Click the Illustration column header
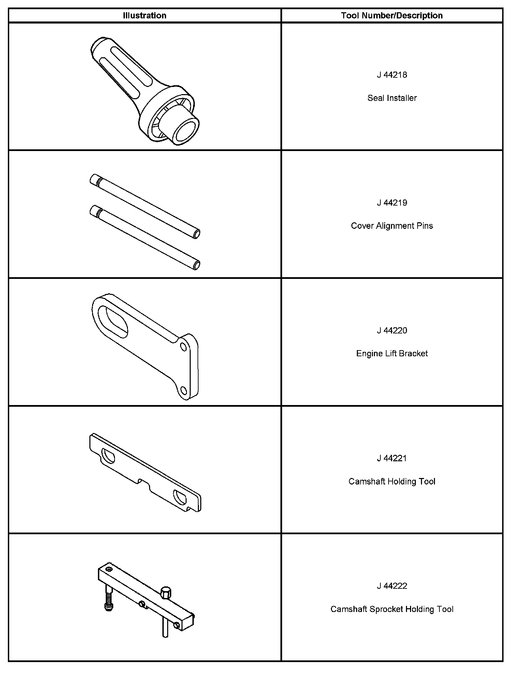click(x=145, y=16)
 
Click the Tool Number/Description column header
click(x=392, y=16)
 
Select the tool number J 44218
click(x=392, y=75)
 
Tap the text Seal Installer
click(x=392, y=98)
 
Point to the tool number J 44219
click(x=392, y=203)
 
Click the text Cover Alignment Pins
click(x=392, y=226)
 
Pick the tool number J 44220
click(x=392, y=331)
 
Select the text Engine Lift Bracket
click(x=392, y=354)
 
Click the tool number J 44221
click(x=392, y=459)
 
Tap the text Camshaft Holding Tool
click(x=392, y=481)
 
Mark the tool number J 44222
click(x=392, y=586)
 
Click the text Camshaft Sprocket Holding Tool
click(x=392, y=609)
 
